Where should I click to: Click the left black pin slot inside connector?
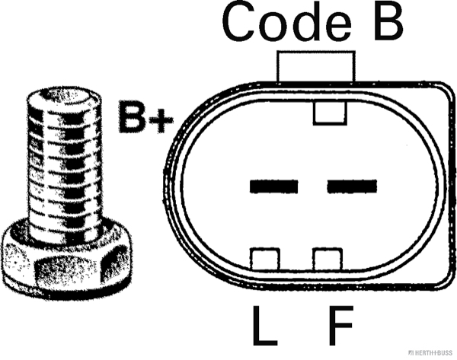273,185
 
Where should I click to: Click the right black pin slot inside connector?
352,185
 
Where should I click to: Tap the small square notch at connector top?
330,113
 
